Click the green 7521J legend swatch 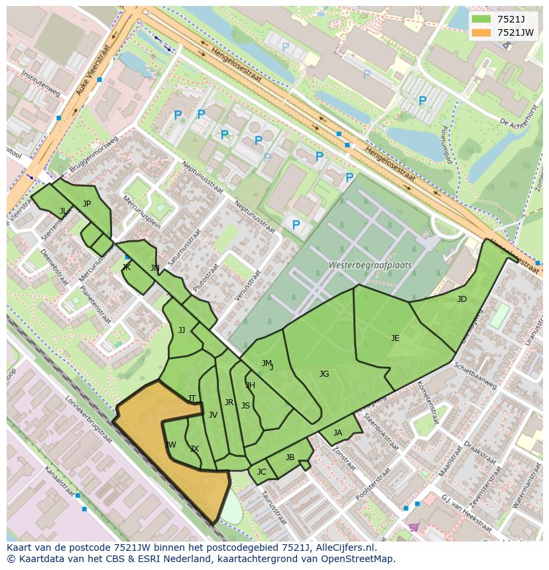click(x=481, y=19)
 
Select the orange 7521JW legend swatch click(x=481, y=32)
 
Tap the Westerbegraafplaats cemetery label click(x=370, y=265)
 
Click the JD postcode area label click(x=461, y=299)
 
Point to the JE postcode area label click(x=395, y=338)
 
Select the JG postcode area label click(x=324, y=374)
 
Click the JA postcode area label click(x=337, y=433)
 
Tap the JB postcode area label click(x=290, y=457)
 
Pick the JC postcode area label click(x=261, y=472)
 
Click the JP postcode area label click(x=86, y=204)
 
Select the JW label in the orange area click(x=170, y=445)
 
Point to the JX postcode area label click(x=194, y=449)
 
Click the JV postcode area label click(x=213, y=415)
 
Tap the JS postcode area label click(x=245, y=406)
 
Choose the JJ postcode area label click(x=182, y=330)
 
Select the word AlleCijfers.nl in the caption click(x=341, y=548)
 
